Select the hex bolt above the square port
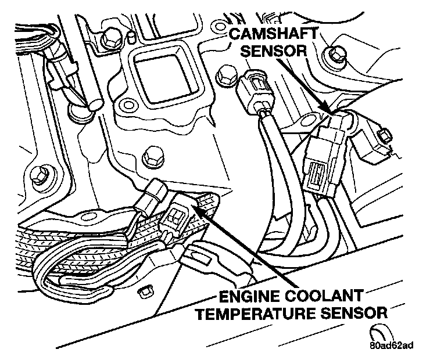(x=109, y=39)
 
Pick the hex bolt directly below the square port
(x=151, y=156)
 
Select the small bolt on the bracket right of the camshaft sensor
(x=383, y=138)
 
